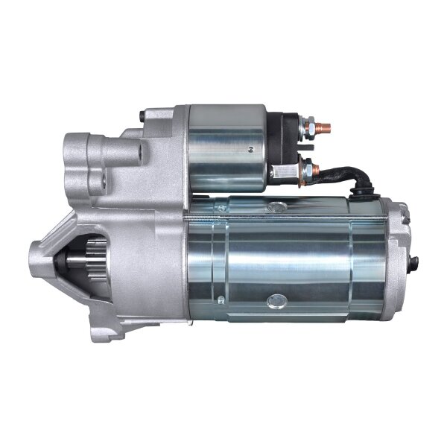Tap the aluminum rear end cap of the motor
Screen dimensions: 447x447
point(395,253)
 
